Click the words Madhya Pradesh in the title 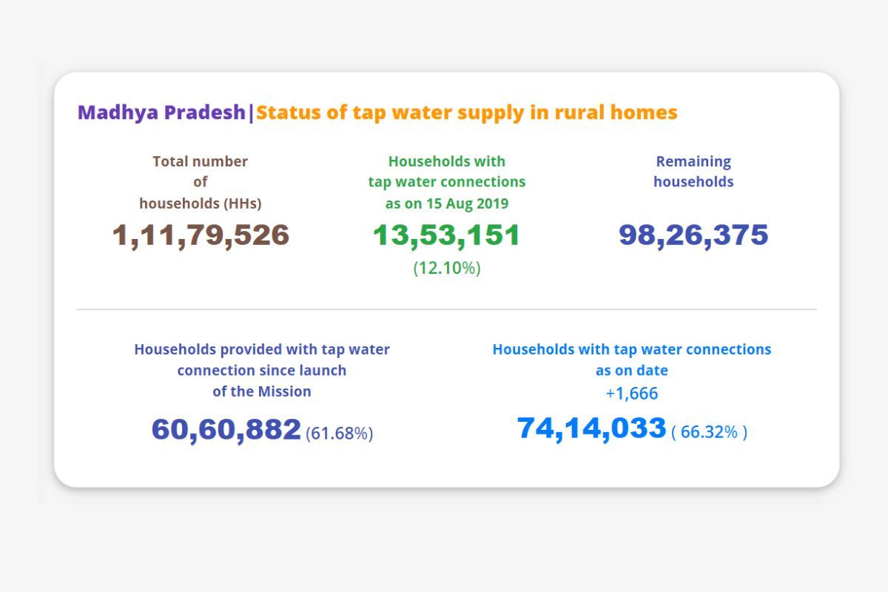click(161, 112)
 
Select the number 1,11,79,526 click(201, 235)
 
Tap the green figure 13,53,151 click(446, 235)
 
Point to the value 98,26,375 click(693, 235)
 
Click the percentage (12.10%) click(446, 269)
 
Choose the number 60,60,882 click(226, 430)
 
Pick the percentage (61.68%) click(339, 433)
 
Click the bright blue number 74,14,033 click(591, 428)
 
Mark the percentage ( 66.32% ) click(709, 432)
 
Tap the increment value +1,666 click(631, 394)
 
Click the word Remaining click(693, 161)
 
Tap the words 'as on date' click(631, 371)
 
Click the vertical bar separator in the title click(251, 113)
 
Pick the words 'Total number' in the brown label click(201, 161)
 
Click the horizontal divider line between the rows click(446, 309)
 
